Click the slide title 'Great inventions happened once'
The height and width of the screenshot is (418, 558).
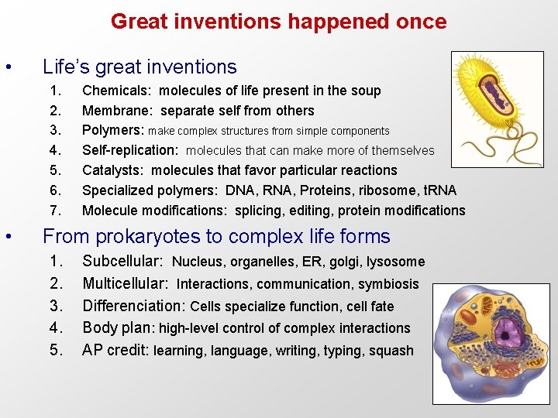[x=278, y=21]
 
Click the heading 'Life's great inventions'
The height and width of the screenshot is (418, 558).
[x=139, y=67]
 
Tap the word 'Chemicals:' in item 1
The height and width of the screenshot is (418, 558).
[x=115, y=91]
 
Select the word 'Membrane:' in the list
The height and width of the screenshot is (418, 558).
[x=117, y=111]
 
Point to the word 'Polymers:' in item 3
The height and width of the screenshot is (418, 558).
[x=113, y=130]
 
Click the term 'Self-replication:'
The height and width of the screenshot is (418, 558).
[x=131, y=150]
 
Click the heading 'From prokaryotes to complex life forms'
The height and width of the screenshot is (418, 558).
[x=216, y=236]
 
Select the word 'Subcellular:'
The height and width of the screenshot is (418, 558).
[x=122, y=262]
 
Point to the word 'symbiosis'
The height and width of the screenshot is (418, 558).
[x=387, y=284]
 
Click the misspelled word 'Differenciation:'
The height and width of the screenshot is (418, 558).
[x=133, y=306]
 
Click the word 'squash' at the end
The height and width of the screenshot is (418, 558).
[x=391, y=351]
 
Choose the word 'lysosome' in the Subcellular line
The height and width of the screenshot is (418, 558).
[x=395, y=262]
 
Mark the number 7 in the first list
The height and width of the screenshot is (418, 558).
[x=53, y=211]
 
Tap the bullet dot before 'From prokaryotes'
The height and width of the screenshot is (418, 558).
[x=8, y=236]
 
